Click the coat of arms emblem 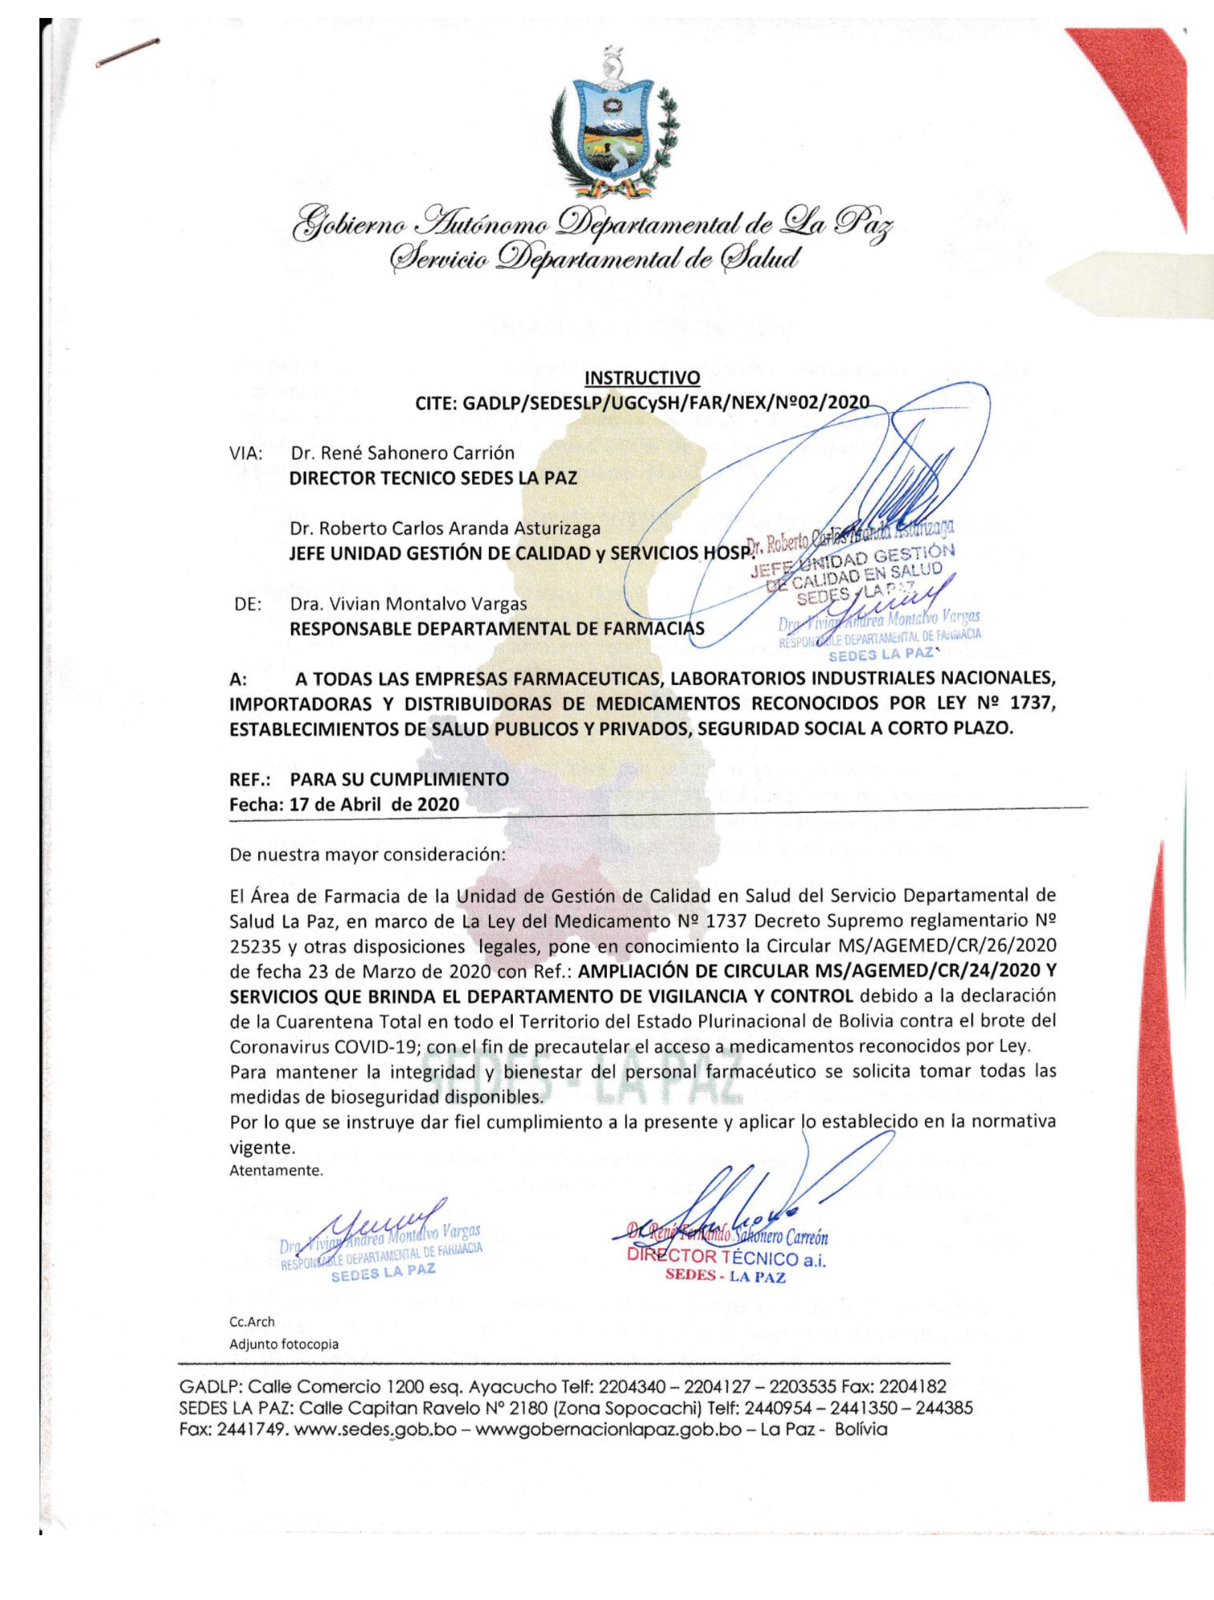(613, 127)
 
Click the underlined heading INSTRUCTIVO (642, 377)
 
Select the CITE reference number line (642, 403)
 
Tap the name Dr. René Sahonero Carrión (402, 453)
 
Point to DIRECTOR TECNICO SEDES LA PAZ (433, 478)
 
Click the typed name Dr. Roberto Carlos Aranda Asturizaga (445, 528)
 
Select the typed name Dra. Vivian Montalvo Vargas (409, 603)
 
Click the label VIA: (245, 454)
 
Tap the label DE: (248, 603)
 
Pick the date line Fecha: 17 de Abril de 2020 (344, 804)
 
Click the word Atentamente (276, 1171)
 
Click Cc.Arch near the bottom (252, 1322)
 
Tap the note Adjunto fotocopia (284, 1345)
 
